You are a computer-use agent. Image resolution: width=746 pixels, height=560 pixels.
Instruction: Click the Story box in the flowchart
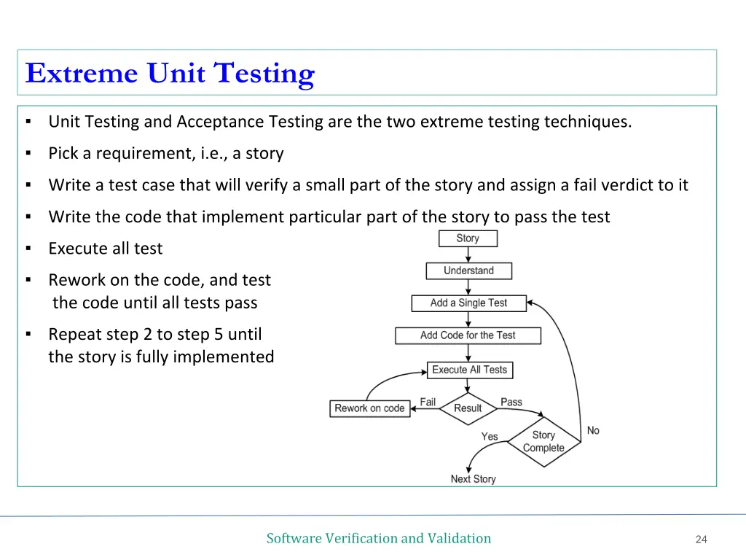(468, 238)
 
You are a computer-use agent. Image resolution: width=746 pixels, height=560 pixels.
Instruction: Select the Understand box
(468, 271)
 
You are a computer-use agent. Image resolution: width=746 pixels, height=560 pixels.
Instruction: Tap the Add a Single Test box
(468, 303)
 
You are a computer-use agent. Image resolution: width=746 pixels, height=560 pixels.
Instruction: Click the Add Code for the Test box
(468, 335)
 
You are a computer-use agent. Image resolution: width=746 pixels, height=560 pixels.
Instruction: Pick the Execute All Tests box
(469, 370)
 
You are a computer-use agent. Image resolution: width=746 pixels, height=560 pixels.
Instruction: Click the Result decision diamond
(468, 408)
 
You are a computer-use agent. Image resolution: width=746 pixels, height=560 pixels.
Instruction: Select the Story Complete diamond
(543, 441)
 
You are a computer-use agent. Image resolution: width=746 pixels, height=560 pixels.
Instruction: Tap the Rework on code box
(369, 408)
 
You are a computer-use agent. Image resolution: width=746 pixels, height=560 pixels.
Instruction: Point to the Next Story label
(473, 479)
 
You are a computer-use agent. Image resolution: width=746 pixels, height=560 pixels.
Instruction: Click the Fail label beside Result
(428, 402)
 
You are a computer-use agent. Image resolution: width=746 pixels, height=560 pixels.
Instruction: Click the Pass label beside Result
(511, 402)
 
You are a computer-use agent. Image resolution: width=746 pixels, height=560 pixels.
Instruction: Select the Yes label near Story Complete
(490, 437)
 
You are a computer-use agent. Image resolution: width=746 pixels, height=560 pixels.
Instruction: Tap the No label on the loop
(593, 430)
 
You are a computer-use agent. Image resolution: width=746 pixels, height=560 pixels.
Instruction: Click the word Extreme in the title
(81, 74)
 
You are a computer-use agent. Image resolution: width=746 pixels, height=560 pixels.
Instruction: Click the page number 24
(701, 540)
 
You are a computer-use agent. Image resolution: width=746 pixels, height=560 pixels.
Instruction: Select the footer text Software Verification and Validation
(378, 538)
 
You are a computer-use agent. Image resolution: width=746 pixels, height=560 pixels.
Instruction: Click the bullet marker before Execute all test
(28, 249)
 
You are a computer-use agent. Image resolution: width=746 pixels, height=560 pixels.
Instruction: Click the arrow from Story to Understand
(468, 254)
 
